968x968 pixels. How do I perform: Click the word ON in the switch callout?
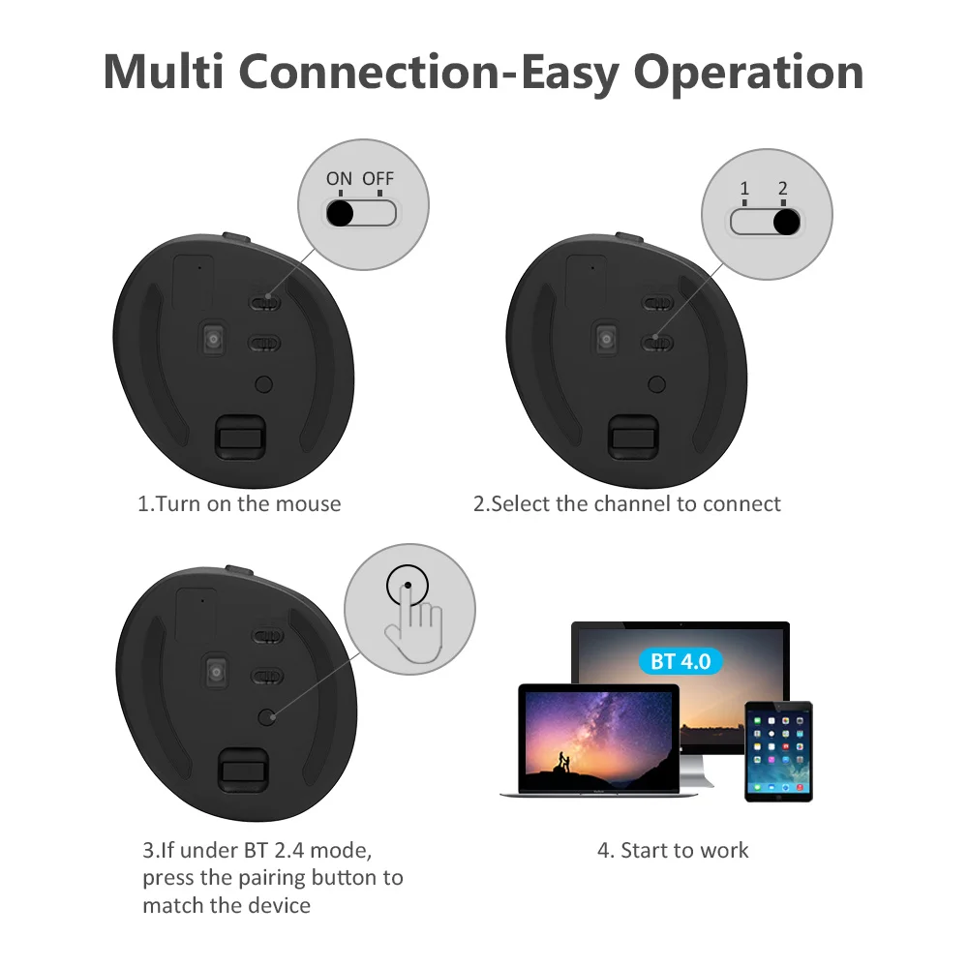339,178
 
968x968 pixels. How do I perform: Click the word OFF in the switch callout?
378,178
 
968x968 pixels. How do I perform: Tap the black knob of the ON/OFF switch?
340,212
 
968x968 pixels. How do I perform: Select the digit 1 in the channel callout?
744,189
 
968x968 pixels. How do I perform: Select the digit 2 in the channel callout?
783,189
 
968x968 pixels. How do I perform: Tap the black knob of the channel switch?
787,223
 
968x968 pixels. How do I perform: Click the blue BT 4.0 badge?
681,662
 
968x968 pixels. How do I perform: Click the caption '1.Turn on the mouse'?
239,503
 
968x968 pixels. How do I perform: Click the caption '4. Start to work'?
673,850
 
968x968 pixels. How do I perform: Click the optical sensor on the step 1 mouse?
213,338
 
